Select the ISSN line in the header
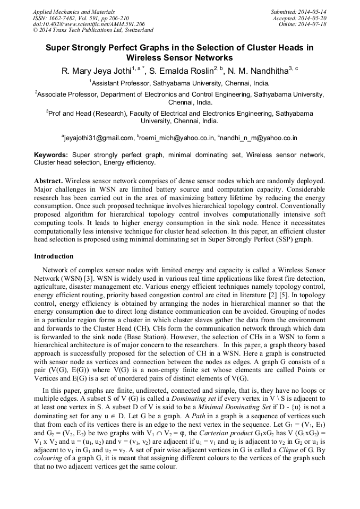pyautogui.click(x=78, y=18)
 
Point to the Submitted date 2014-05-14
pyautogui.click(x=299, y=11)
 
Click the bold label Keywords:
pyautogui.click(x=52, y=155)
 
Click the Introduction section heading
pyautogui.click(x=54, y=256)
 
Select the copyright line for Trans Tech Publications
pyautogui.click(x=93, y=30)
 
